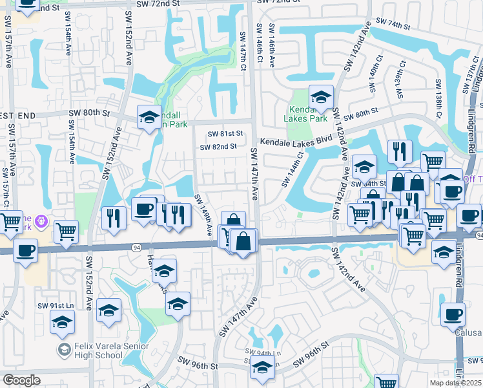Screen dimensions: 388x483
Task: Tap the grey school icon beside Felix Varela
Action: click(x=64, y=350)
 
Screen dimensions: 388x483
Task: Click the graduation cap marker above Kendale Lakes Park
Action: click(x=321, y=97)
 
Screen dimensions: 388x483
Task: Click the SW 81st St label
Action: click(x=225, y=134)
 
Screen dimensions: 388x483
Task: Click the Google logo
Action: click(x=21, y=380)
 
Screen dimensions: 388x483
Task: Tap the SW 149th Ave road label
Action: click(x=205, y=214)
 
